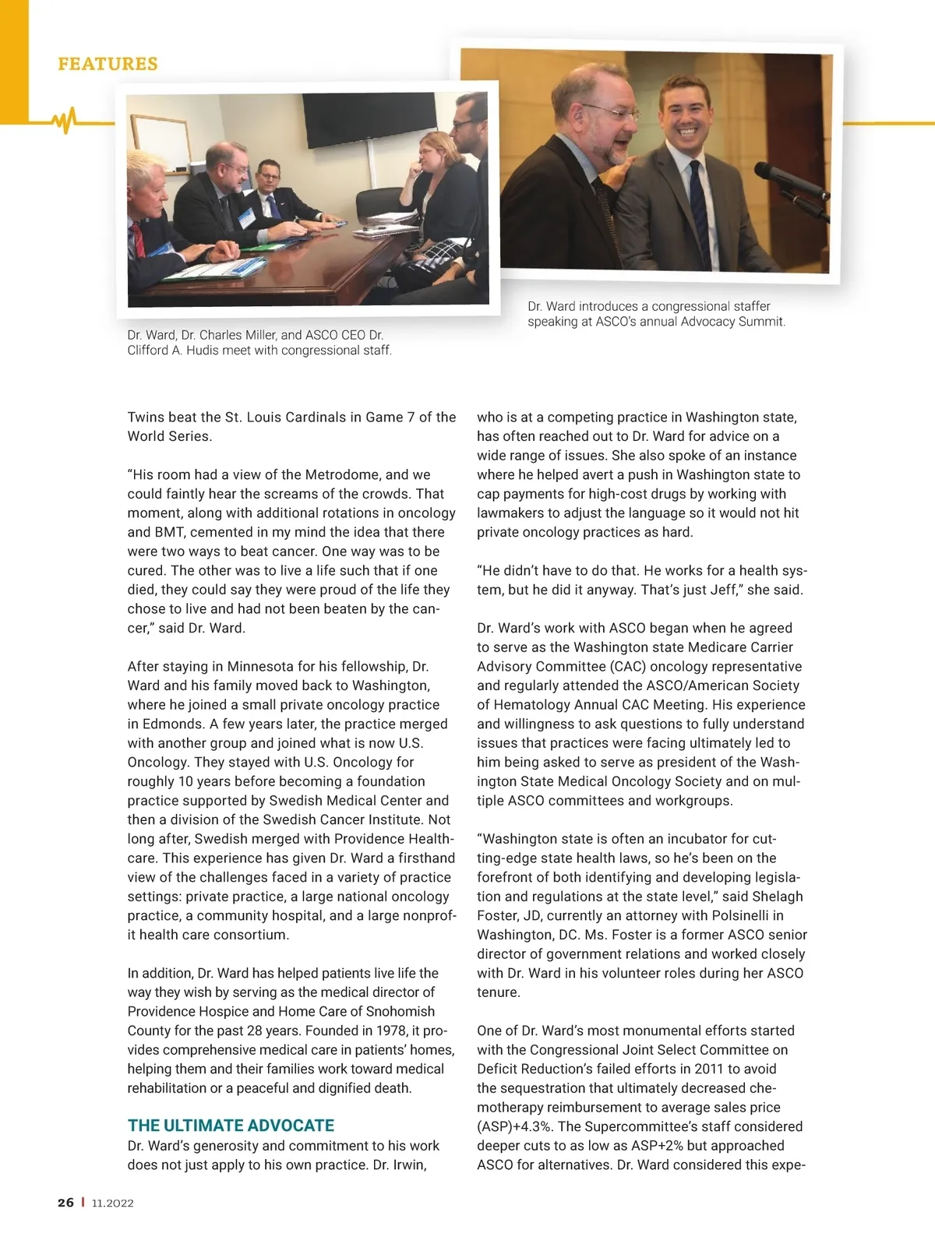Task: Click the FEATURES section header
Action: (108, 64)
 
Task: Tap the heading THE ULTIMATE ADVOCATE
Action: (231, 1126)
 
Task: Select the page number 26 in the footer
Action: (65, 1203)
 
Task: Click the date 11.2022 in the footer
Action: (112, 1203)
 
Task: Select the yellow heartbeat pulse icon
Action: (64, 120)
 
